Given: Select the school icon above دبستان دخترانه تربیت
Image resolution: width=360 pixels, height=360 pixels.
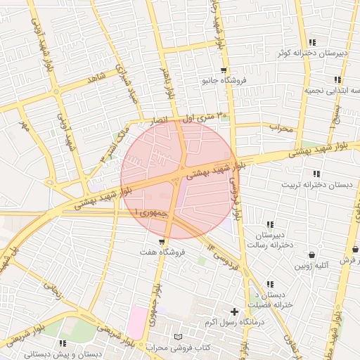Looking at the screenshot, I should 316,174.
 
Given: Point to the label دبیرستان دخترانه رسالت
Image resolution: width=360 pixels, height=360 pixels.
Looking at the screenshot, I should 269,239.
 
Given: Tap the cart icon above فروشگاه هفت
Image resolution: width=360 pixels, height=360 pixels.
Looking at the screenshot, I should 162,241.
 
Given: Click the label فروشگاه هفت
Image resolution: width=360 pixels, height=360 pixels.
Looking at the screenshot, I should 162,252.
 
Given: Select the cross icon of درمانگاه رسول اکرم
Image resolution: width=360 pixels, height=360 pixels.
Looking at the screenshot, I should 235,311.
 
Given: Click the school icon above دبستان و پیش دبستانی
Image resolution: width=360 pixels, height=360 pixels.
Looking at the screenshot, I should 62,343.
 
